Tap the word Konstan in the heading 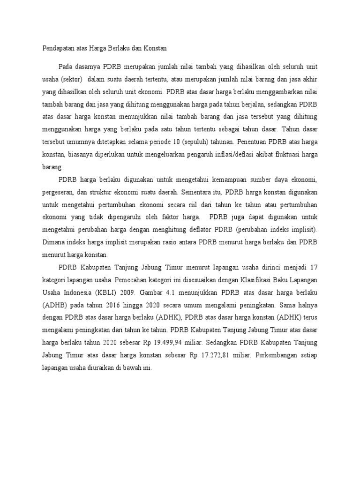coord(156,48)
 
